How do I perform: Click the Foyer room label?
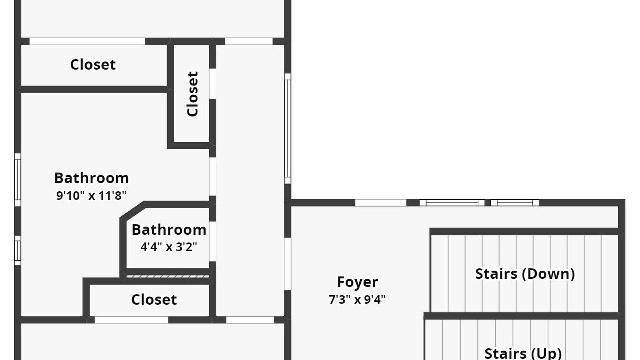pyautogui.click(x=357, y=282)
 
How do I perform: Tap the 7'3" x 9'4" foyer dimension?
pyautogui.click(x=357, y=299)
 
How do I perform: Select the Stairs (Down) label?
pyautogui.click(x=525, y=274)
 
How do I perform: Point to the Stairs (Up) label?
pyautogui.click(x=523, y=353)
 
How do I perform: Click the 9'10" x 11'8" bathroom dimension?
pyautogui.click(x=91, y=196)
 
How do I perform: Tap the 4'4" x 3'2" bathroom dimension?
pyautogui.click(x=169, y=247)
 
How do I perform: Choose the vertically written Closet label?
pyautogui.click(x=192, y=94)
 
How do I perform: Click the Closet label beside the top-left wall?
pyautogui.click(x=93, y=65)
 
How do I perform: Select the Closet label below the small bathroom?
pyautogui.click(x=154, y=299)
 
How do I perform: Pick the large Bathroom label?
pyautogui.click(x=91, y=178)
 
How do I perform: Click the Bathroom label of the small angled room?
pyautogui.click(x=169, y=230)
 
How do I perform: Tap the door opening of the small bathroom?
pyautogui.click(x=213, y=241)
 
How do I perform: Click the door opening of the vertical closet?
pyautogui.click(x=213, y=83)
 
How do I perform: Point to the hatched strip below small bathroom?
pyautogui.click(x=167, y=276)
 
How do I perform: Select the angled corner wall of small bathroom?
pyautogui.click(x=133, y=211)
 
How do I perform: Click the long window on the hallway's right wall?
pyautogui.click(x=287, y=128)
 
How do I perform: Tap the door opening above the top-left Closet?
pyautogui.click(x=87, y=41)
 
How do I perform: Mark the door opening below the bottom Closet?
pyautogui.click(x=131, y=320)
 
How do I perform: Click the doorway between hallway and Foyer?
pyautogui.click(x=287, y=264)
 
